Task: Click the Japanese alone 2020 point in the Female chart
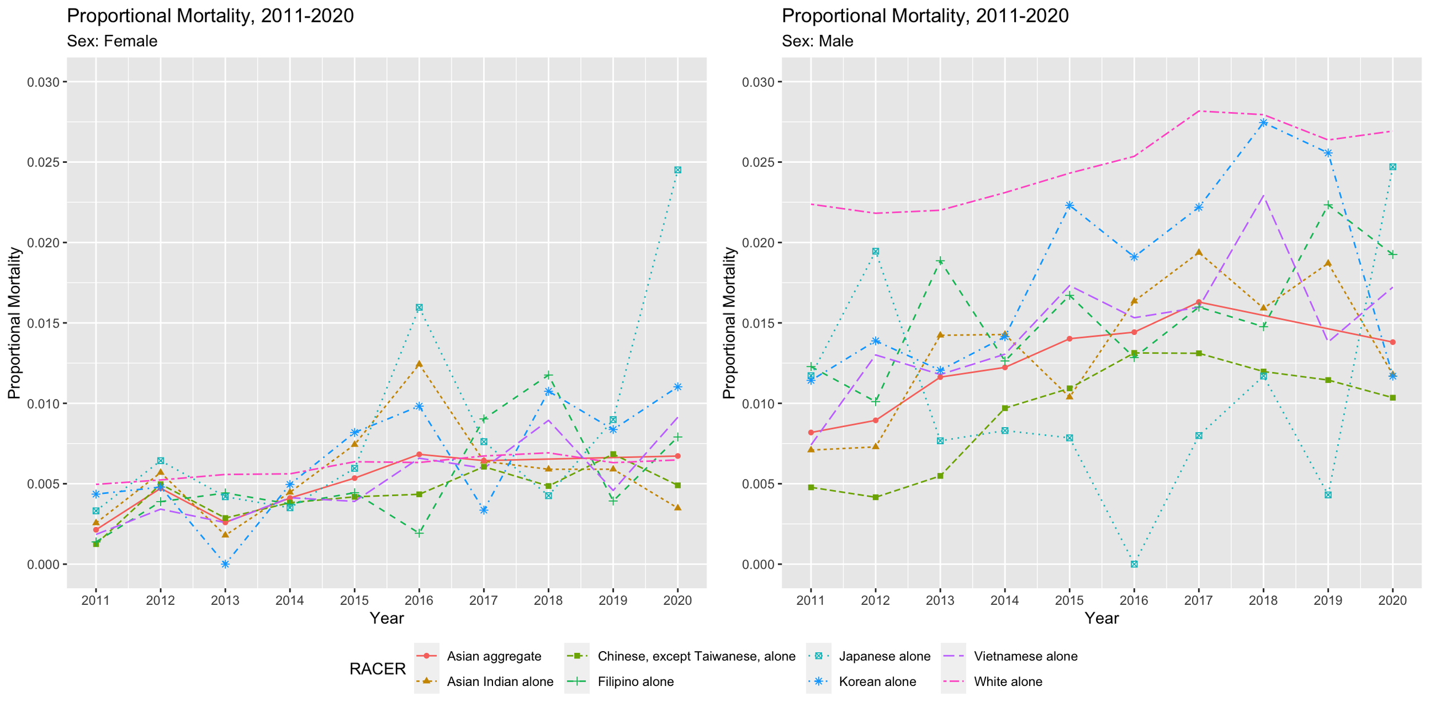(x=677, y=170)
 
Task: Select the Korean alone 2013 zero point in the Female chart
(x=225, y=564)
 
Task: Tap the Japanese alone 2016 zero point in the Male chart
(x=1134, y=564)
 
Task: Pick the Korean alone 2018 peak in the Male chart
(x=1263, y=122)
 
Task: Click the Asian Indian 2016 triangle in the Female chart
(x=419, y=364)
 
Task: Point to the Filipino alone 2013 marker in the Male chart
(x=940, y=261)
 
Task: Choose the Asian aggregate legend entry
(x=494, y=656)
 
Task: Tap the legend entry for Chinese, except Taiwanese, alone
(x=696, y=656)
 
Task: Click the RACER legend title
(x=378, y=669)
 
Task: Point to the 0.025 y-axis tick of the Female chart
(x=43, y=162)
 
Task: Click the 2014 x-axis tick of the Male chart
(x=1004, y=601)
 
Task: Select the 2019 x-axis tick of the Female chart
(x=613, y=601)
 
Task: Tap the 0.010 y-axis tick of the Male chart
(x=758, y=404)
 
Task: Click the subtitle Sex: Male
(x=817, y=41)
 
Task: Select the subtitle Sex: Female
(x=112, y=41)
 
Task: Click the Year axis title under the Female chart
(x=387, y=619)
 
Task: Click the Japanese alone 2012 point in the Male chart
(x=875, y=252)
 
